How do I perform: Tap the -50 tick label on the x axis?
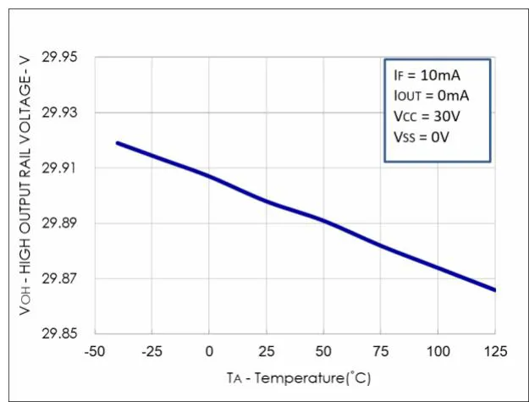[x=94, y=350]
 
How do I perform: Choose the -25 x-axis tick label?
[x=152, y=350]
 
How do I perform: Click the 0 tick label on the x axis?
[x=209, y=350]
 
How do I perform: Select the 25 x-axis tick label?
[x=267, y=350]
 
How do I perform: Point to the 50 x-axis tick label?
[x=323, y=350]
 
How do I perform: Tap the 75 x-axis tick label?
[x=381, y=350]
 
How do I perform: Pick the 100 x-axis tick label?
[x=438, y=350]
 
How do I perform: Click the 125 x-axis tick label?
[x=495, y=350]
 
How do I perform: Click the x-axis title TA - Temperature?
[x=298, y=375]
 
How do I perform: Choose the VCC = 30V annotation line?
[x=427, y=116]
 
